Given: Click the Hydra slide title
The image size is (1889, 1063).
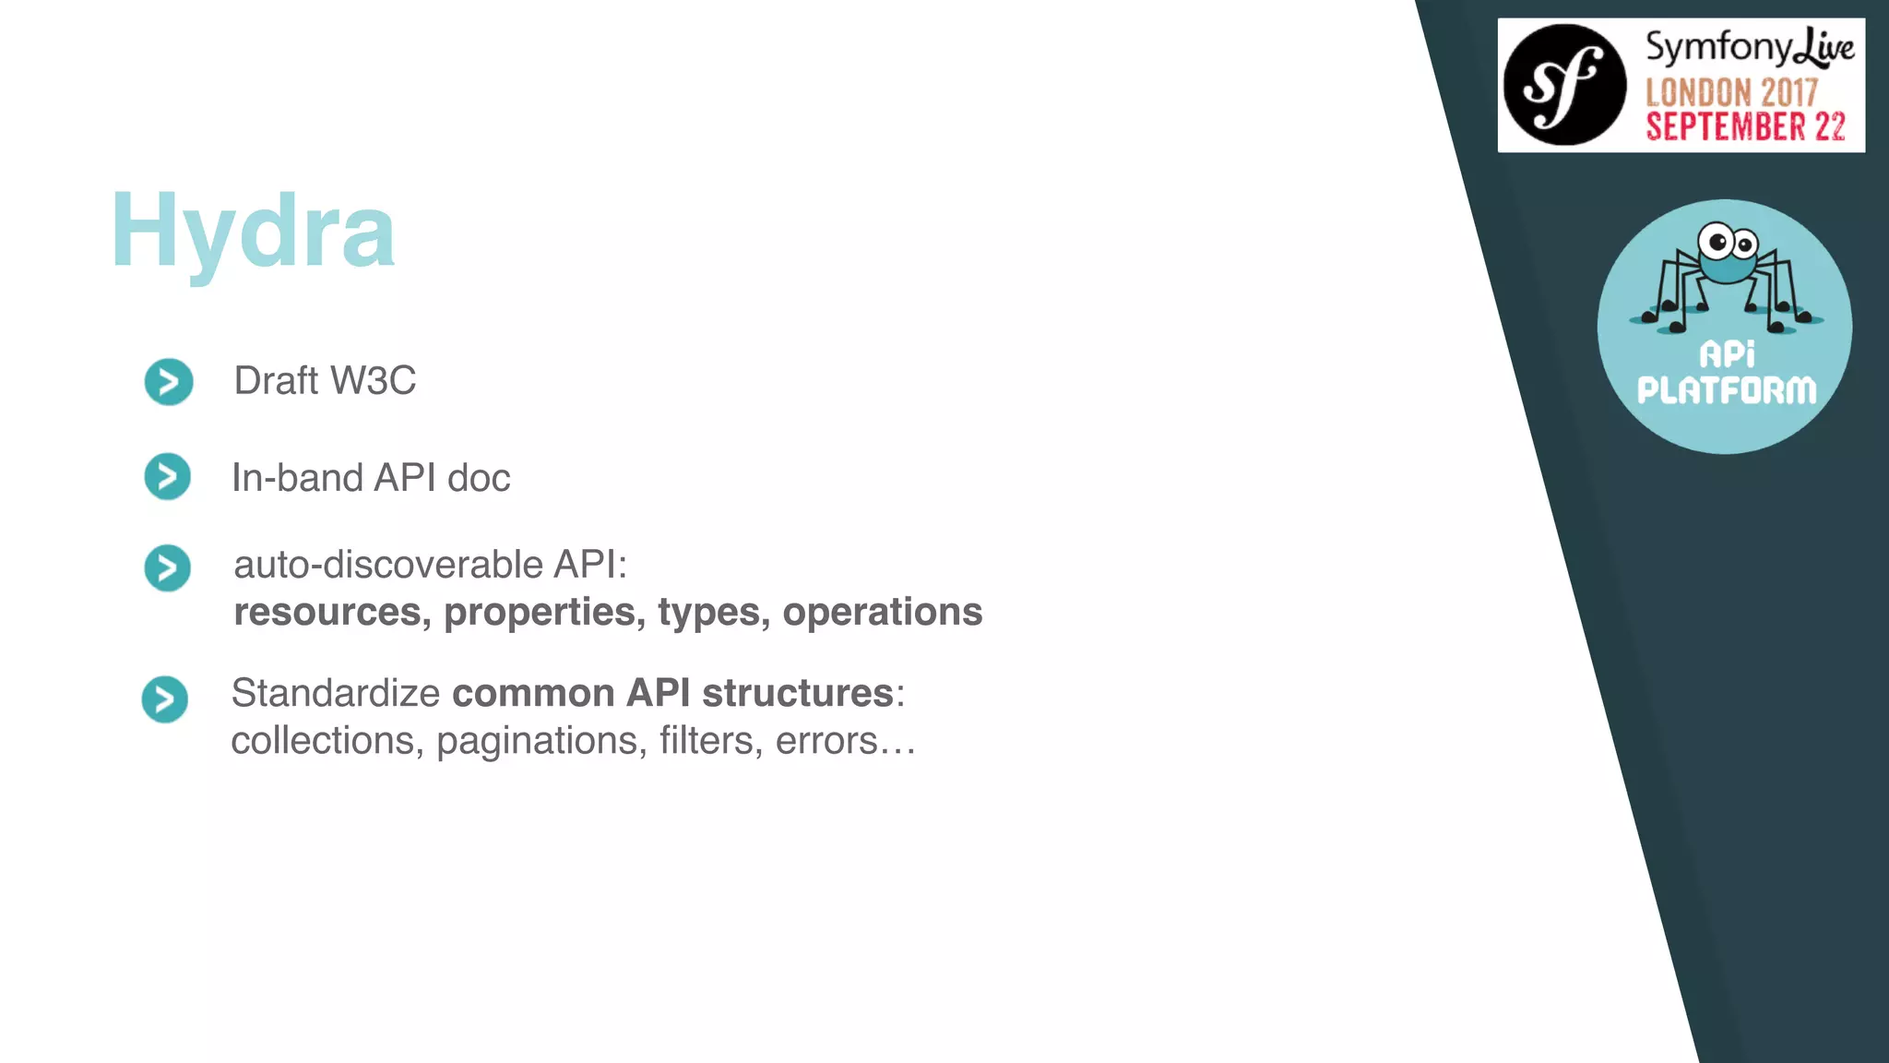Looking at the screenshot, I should pos(253,231).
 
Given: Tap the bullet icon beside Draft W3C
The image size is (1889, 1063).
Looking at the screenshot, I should pos(169,382).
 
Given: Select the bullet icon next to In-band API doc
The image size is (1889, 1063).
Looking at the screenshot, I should pos(168,476).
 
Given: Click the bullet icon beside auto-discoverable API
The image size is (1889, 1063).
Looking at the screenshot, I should pos(168,567).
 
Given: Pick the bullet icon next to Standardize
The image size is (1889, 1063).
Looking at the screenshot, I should pos(165,699).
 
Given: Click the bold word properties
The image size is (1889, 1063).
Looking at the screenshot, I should pos(544,612).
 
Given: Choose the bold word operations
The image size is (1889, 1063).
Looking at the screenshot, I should pos(882,612).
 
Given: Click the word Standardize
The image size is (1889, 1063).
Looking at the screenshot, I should pos(336,693).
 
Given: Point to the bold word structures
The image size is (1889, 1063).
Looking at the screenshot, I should pos(797,693).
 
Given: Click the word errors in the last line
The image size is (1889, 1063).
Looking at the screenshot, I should pos(826,741).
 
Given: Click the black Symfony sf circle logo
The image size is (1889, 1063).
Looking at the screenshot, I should pos(1564,85).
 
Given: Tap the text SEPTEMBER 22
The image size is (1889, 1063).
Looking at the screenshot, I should pos(1745,126).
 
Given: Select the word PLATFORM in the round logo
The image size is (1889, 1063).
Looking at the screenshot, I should pos(1726,390).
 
